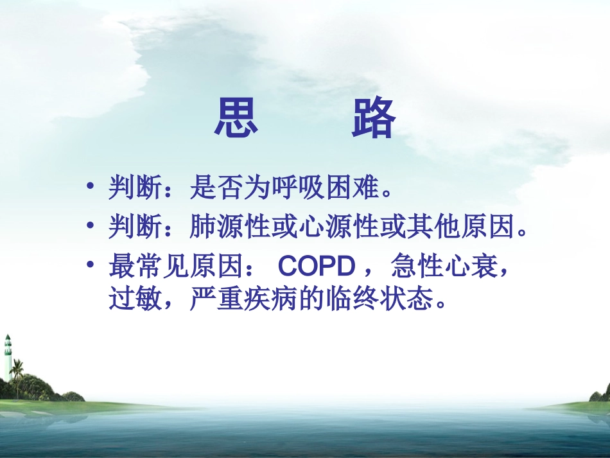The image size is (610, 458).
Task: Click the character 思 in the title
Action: coord(236,119)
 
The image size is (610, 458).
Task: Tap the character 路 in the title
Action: coord(373,119)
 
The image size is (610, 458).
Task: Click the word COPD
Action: coord(315,265)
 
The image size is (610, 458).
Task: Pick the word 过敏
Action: coord(129,299)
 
